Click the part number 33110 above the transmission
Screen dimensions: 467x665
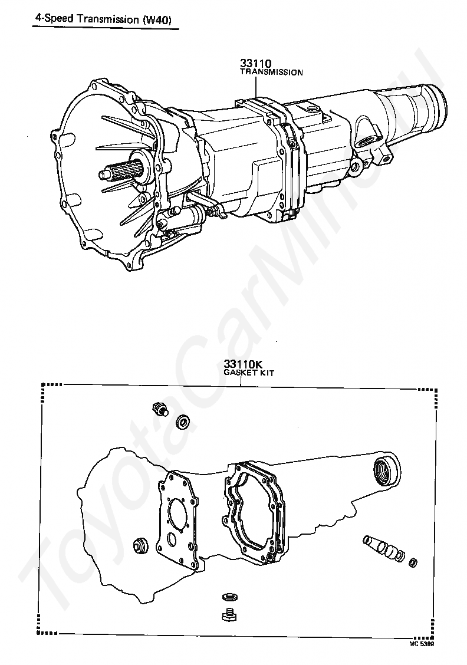[256, 63]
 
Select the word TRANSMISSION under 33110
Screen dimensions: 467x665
[271, 72]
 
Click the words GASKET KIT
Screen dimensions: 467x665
[249, 373]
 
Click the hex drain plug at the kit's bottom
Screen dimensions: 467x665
[229, 615]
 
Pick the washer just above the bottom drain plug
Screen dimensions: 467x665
[229, 597]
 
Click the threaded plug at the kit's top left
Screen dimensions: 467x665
[159, 409]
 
